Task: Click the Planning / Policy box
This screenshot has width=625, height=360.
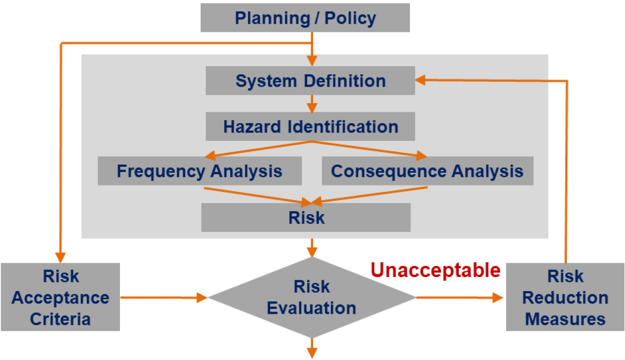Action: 305,18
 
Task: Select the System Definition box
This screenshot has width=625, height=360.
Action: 310,81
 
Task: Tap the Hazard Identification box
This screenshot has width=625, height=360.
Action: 310,126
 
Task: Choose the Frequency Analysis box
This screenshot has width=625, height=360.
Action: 200,171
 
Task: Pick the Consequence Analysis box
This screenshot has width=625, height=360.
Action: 427,171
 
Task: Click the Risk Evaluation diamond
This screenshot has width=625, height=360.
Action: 312,297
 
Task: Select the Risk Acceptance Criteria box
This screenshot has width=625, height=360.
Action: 60,297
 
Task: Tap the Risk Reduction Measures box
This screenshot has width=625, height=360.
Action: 565,297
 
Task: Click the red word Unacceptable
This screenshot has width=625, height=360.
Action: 436,270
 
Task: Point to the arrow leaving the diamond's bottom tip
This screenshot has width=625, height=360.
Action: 312,348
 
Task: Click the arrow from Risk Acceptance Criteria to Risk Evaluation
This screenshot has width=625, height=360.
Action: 164,298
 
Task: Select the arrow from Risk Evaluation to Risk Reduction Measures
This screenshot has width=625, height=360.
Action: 459,298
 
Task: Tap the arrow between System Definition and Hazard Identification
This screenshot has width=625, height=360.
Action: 312,104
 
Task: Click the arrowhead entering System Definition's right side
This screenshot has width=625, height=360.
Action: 420,80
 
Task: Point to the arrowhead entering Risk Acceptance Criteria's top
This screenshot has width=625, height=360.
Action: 60,258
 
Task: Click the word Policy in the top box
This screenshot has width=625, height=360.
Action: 350,18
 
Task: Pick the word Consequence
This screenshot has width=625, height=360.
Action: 389,172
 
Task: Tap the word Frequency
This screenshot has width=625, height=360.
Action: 161,172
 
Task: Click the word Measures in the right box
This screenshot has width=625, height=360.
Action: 565,319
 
